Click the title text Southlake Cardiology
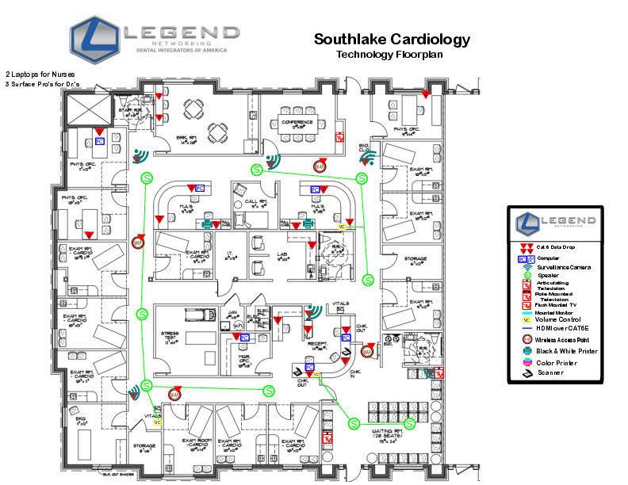click(392, 40)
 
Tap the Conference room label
click(299, 121)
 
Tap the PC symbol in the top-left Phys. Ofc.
click(100, 141)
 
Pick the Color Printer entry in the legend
click(555, 363)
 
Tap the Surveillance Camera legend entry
click(563, 267)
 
